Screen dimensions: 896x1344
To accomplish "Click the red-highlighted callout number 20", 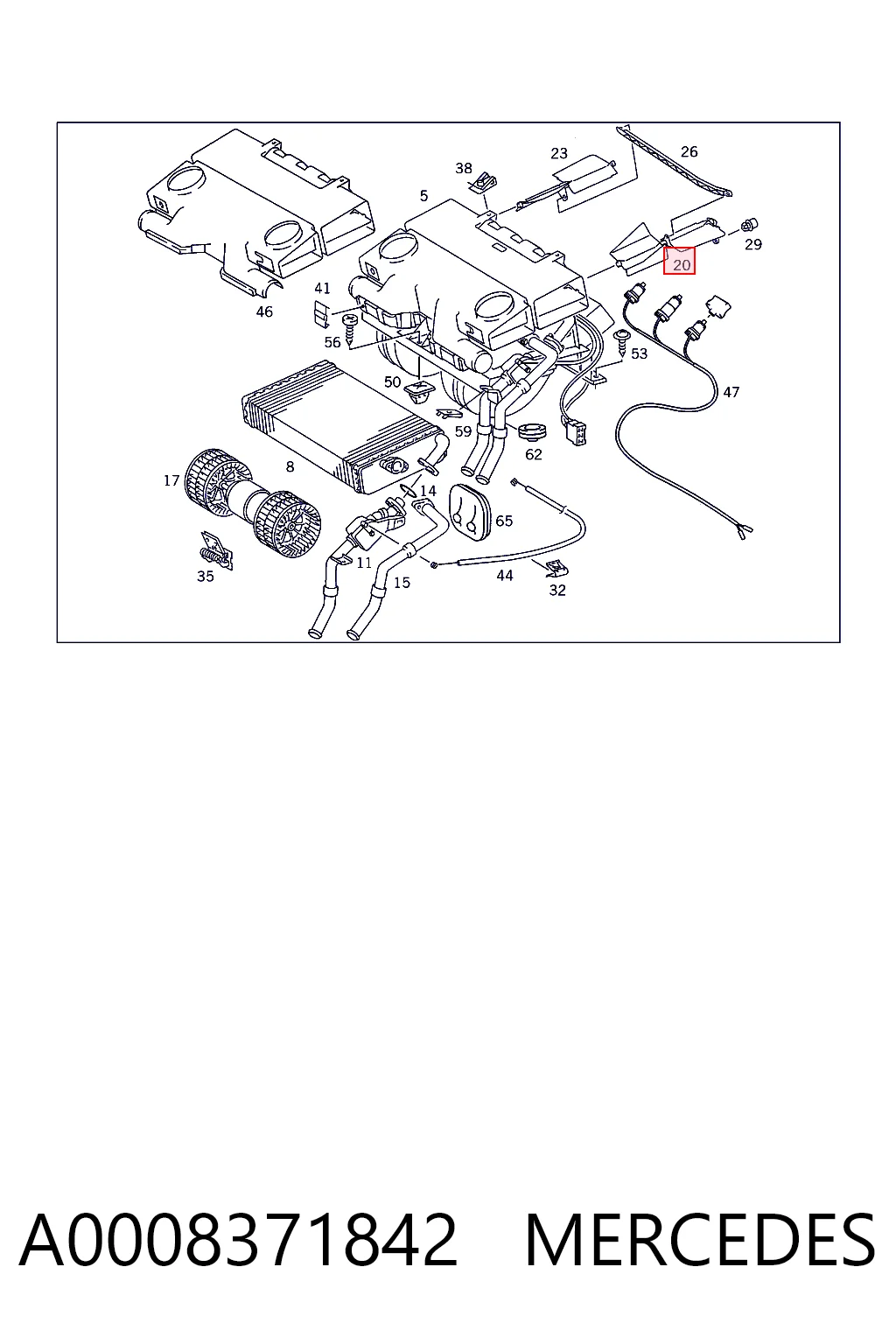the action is point(681,264).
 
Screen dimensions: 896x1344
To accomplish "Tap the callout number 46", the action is point(264,311).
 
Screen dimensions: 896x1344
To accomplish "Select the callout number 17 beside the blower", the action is point(171,480).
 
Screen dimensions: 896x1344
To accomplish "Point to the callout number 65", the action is point(504,521).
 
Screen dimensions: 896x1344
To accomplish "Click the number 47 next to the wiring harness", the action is point(731,392).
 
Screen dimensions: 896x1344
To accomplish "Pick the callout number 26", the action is point(689,151).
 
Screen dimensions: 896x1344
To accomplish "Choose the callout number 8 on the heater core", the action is point(290,466).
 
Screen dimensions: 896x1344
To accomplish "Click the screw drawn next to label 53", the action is point(620,342).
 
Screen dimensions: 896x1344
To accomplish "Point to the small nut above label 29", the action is point(748,227).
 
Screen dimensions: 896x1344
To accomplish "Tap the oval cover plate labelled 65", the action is point(470,508).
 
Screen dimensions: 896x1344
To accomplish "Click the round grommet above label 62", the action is point(532,431).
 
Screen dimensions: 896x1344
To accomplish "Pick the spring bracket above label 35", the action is point(216,550).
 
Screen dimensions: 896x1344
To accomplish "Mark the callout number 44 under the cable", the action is point(505,576).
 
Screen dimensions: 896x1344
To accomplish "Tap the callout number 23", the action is point(559,153).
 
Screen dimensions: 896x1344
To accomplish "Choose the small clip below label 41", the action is point(322,312).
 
